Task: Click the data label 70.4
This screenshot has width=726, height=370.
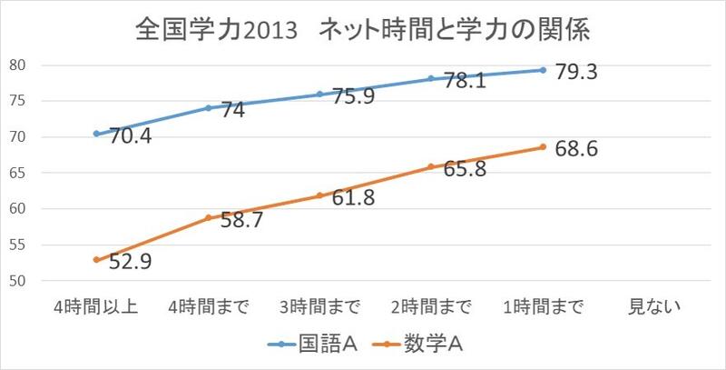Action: click(131, 139)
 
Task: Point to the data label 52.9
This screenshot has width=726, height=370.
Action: click(131, 264)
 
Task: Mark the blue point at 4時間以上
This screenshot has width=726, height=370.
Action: click(96, 134)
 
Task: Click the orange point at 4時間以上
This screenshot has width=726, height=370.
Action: click(96, 260)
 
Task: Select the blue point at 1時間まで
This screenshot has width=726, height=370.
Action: click(543, 70)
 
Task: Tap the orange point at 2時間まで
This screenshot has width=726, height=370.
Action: click(431, 166)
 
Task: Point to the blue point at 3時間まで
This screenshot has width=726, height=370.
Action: click(319, 95)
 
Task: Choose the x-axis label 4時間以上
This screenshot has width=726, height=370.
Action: click(96, 305)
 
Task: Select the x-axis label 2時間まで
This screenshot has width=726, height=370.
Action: click(431, 305)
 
